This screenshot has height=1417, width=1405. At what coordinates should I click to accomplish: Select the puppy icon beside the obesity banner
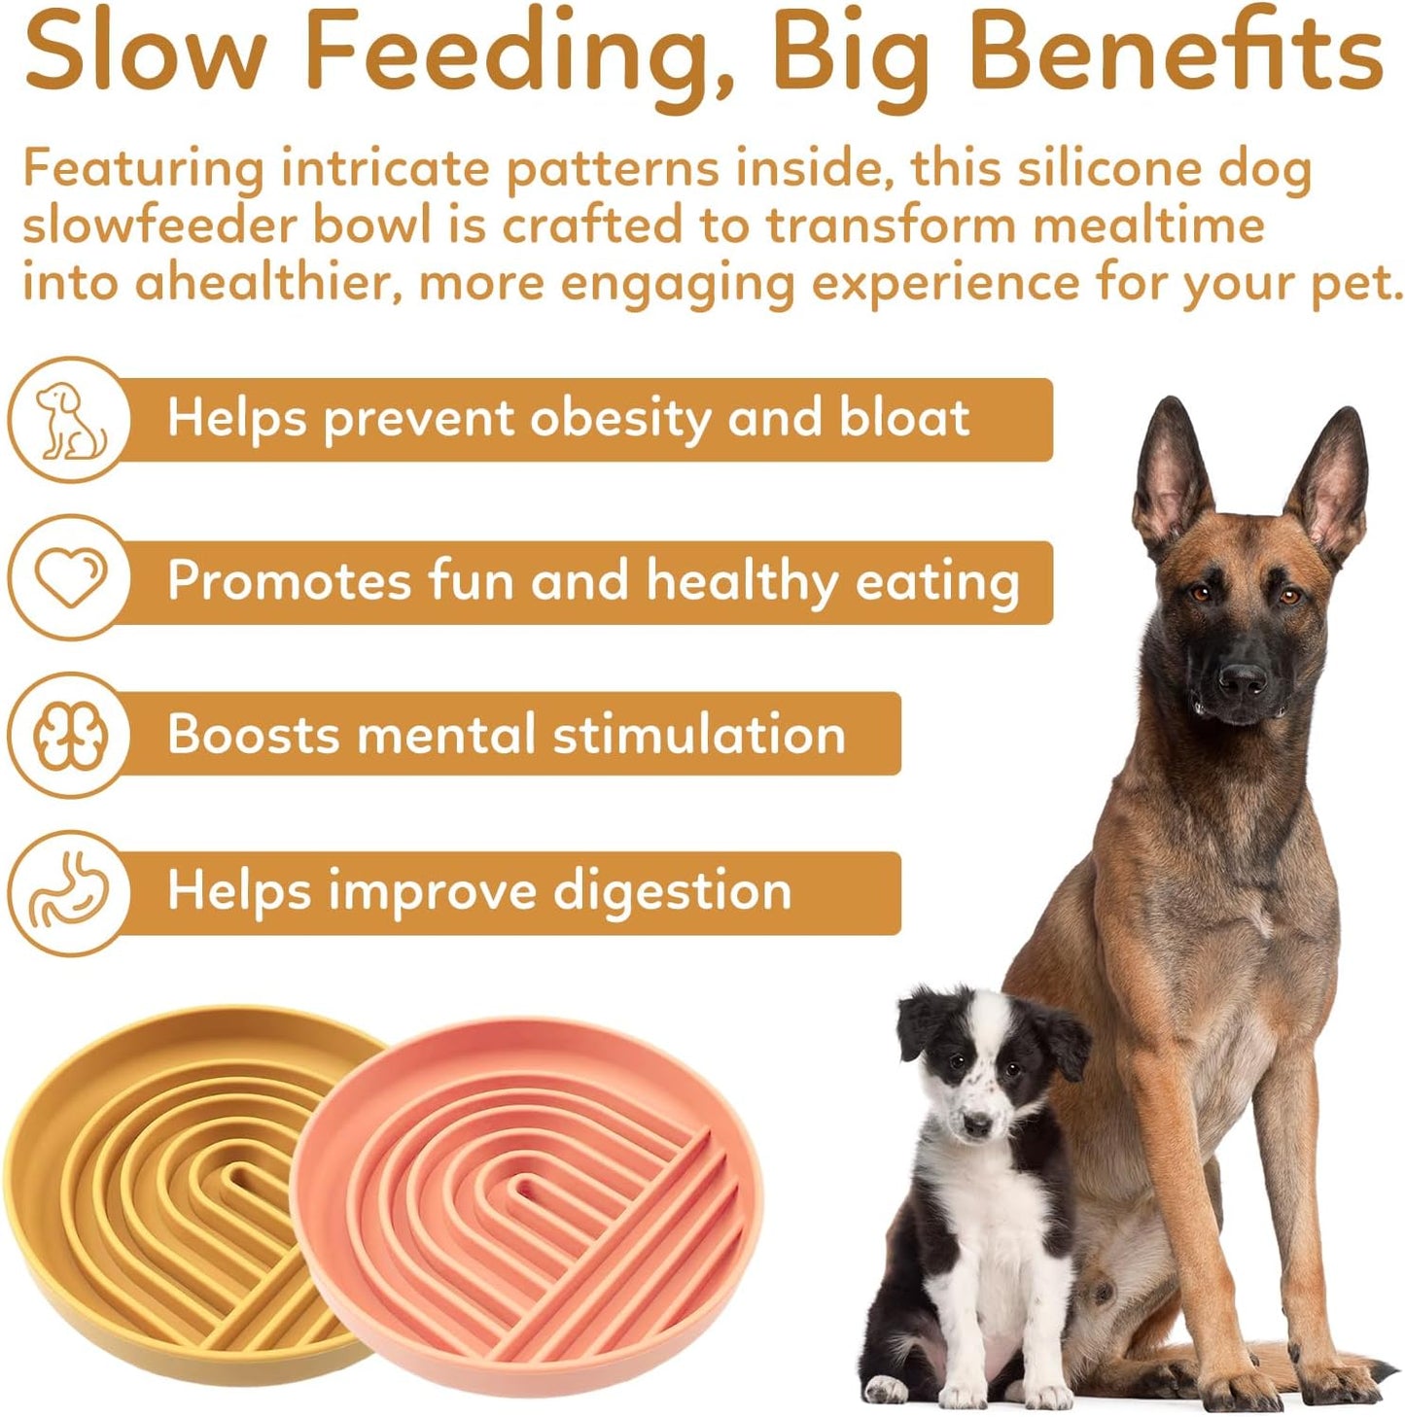[68, 420]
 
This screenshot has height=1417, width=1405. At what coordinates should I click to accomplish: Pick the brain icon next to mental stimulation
[68, 735]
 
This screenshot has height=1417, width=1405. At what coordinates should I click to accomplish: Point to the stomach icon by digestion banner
[68, 891]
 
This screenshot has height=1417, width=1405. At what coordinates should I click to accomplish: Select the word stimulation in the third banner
[699, 735]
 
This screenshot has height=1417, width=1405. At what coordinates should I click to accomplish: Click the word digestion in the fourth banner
[673, 892]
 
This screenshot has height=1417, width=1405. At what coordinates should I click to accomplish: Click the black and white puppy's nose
[975, 1124]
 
